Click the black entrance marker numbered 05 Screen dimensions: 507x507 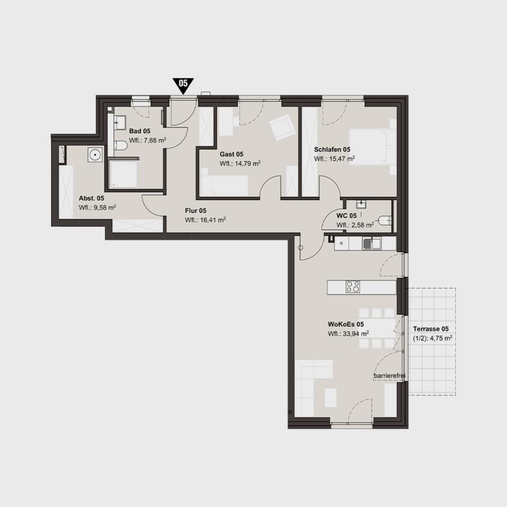tap(183, 85)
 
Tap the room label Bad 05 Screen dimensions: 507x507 tap(139, 132)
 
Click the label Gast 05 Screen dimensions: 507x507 tap(231, 154)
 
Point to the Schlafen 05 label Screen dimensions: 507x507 tap(332, 149)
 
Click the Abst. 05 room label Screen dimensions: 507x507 tap(91, 198)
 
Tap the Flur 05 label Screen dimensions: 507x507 tap(195, 211)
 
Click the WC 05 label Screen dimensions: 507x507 tap(346, 216)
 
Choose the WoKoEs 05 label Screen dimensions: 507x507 tap(345, 324)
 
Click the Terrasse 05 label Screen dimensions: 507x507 tap(431, 329)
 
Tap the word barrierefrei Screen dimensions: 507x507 tap(389, 376)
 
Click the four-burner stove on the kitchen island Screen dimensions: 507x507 tap(353, 287)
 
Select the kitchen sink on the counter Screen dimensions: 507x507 tap(372, 243)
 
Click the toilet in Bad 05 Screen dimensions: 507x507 tap(120, 146)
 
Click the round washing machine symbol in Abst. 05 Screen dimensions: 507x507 tap(95, 155)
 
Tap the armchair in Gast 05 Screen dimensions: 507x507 tap(282, 127)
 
